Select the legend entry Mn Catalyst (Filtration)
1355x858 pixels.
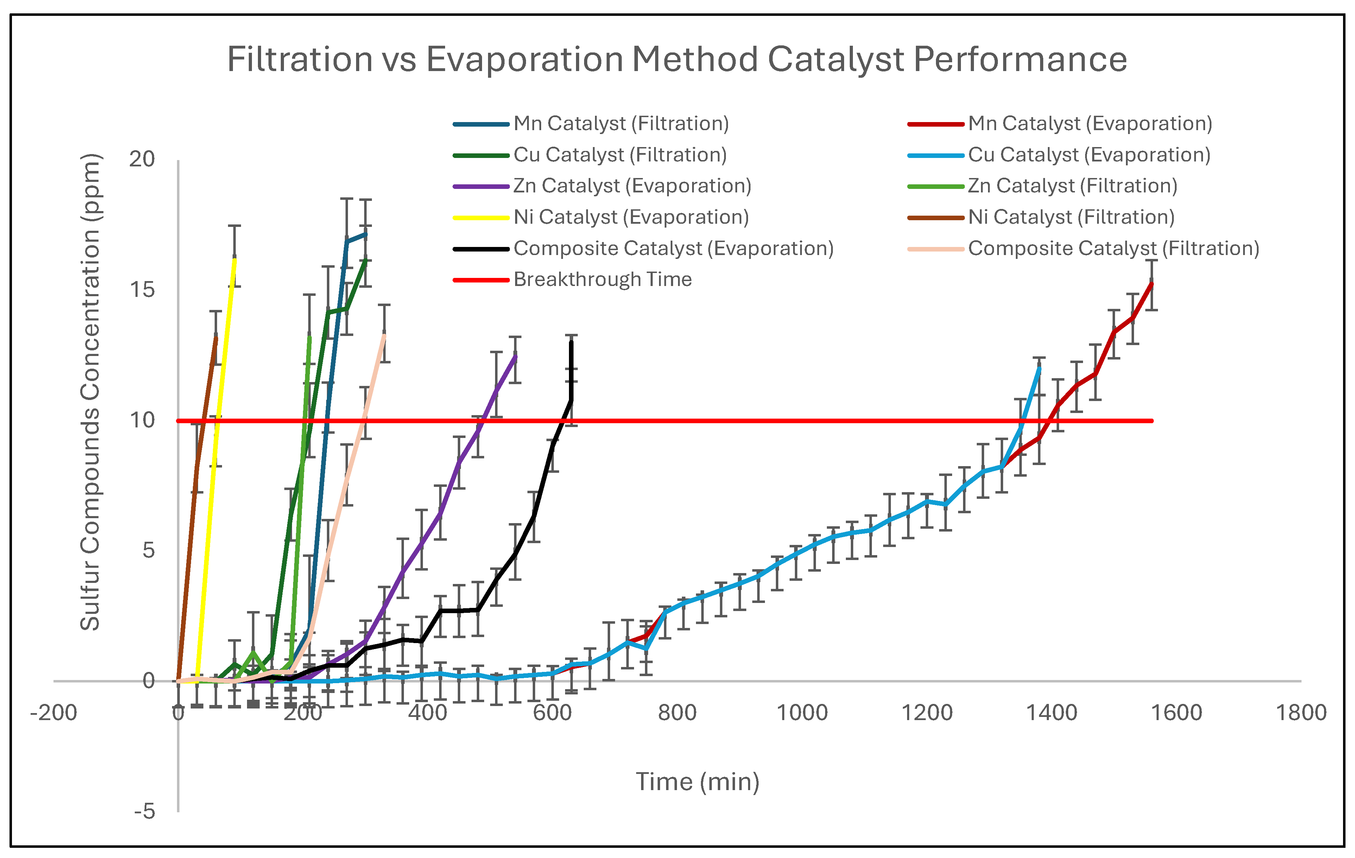(x=621, y=123)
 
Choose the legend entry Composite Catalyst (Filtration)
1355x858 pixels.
(x=1113, y=248)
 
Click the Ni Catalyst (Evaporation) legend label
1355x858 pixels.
(x=631, y=217)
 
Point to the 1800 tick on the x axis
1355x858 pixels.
(x=1300, y=713)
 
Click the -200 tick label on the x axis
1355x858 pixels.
(x=53, y=713)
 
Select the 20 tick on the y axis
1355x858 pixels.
(x=142, y=159)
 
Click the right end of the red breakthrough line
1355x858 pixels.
(x=1152, y=420)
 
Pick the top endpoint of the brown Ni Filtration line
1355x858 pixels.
(x=216, y=336)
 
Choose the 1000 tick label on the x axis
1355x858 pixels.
(x=802, y=713)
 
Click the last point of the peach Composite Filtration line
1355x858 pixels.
(x=384, y=335)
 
